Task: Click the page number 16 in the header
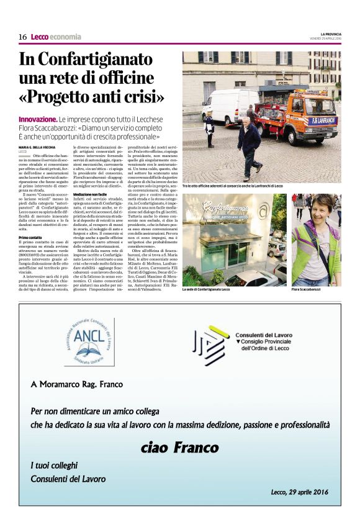tap(22, 37)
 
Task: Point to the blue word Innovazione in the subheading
tap(37, 119)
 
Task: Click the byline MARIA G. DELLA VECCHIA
tap(40, 146)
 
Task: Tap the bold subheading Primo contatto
tap(31, 238)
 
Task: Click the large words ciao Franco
tap(180, 447)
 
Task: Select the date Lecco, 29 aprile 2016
tap(300, 492)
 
